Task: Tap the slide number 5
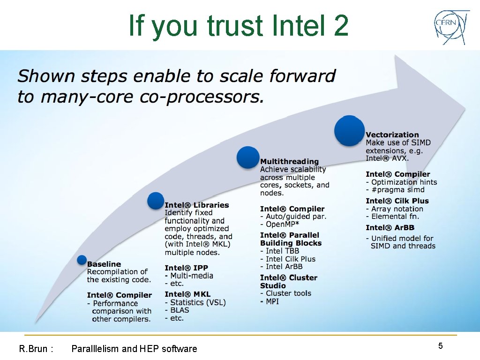(440, 346)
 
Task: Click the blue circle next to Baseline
(82, 260)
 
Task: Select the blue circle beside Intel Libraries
(156, 201)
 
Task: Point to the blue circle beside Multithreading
(248, 157)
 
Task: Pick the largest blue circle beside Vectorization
(349, 130)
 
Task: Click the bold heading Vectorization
(392, 135)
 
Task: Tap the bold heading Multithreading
(289, 162)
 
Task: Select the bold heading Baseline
(104, 264)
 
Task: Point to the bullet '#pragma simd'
(397, 190)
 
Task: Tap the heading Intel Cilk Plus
(397, 201)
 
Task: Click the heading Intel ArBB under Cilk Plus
(390, 228)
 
